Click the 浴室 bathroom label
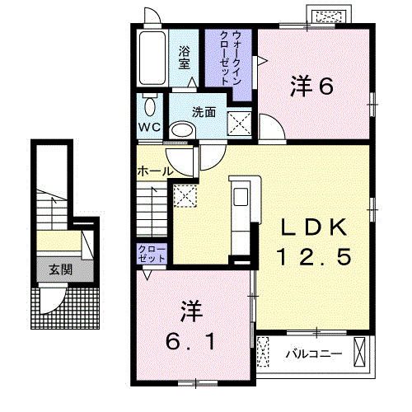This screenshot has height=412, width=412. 186,55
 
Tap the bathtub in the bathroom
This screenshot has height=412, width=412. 152,59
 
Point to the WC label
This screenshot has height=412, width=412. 148,128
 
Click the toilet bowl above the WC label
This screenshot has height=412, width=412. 149,105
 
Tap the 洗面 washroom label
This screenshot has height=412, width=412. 204,112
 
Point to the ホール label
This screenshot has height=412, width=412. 155,171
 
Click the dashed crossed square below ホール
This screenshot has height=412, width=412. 185,195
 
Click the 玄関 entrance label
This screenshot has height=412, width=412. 59,269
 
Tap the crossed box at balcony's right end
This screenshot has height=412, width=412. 360,352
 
